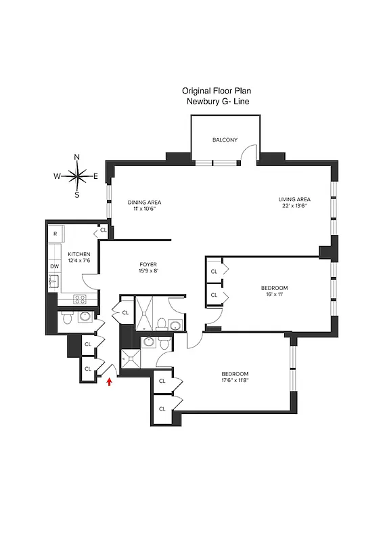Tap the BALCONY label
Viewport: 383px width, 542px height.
225,140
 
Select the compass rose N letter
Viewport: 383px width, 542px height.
76,157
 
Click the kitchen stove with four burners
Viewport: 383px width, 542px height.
79,299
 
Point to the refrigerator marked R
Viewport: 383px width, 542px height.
55,234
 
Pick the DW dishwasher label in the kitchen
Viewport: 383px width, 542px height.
55,267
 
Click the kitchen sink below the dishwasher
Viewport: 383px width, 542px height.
53,281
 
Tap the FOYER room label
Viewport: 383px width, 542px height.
148,264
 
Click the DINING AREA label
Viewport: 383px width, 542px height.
144,202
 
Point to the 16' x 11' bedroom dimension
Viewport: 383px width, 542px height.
275,295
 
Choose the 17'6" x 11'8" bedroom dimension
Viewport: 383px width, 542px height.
235,381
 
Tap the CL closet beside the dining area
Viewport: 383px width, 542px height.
103,230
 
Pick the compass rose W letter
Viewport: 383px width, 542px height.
57,176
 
